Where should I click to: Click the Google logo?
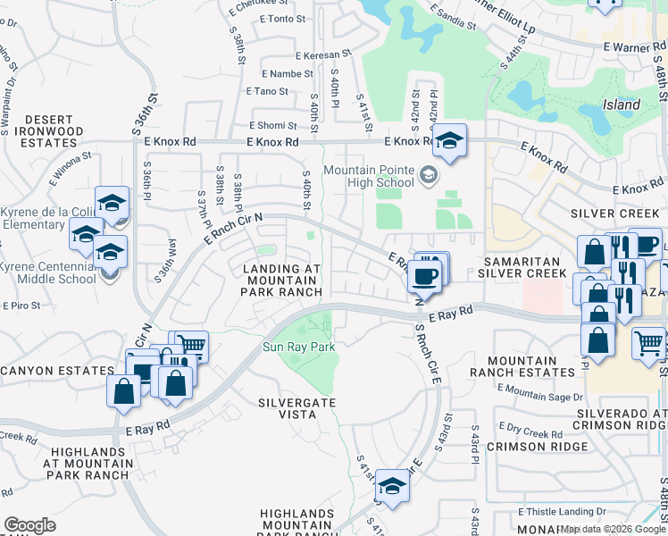29,525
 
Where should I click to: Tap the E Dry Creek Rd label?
530,431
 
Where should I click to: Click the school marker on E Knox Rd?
450,139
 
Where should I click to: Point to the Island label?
621,105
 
